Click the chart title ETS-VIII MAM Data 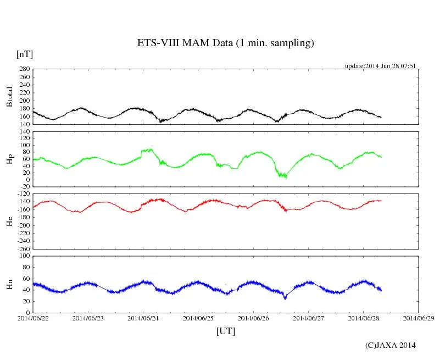pyautogui.click(x=225, y=43)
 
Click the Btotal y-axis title pyautogui.click(x=9, y=97)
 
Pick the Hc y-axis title pyautogui.click(x=9, y=221)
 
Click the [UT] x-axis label pyautogui.click(x=225, y=331)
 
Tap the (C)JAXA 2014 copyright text pyautogui.click(x=390, y=345)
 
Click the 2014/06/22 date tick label pyautogui.click(x=34, y=318)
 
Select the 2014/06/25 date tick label pyautogui.click(x=198, y=318)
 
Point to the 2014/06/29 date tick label pyautogui.click(x=418, y=318)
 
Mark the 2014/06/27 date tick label pyautogui.click(x=308, y=318)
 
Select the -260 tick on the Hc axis pyautogui.click(x=23, y=248)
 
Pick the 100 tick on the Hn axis pyautogui.click(x=24, y=256)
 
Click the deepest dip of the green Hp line pyautogui.click(x=285, y=177)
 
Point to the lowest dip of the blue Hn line pyautogui.click(x=285, y=298)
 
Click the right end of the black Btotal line pyautogui.click(x=381, y=117)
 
